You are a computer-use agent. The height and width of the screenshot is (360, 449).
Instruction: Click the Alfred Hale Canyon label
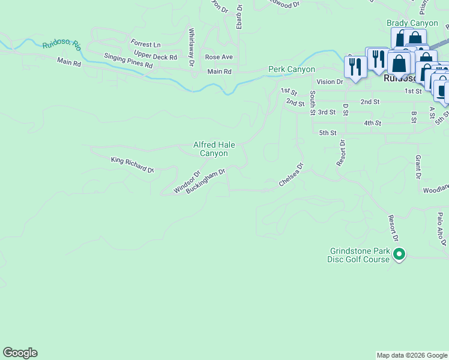tap(214, 149)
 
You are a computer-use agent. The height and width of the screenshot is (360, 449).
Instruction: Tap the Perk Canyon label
tap(291, 70)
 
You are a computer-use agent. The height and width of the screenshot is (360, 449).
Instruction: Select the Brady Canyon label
tap(412, 23)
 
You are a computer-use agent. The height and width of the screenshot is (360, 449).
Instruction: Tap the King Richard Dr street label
tap(132, 165)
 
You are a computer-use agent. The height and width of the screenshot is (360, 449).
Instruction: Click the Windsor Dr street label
tap(186, 182)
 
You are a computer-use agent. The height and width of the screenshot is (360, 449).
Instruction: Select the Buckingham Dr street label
tap(205, 181)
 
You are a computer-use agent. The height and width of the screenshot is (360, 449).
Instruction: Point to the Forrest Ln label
tap(146, 44)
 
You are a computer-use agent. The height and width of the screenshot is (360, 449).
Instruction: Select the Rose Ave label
tap(218, 57)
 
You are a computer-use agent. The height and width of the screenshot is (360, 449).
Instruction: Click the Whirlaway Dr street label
tap(191, 47)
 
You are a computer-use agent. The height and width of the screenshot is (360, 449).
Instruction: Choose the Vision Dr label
tap(330, 82)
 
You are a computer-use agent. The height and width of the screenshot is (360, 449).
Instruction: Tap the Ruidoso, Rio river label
tap(61, 44)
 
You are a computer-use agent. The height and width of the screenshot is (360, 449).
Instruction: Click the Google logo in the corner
tap(20, 353)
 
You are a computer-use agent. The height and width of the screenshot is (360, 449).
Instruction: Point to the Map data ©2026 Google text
tap(412, 355)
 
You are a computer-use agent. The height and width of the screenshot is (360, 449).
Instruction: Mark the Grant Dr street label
tap(418, 167)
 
